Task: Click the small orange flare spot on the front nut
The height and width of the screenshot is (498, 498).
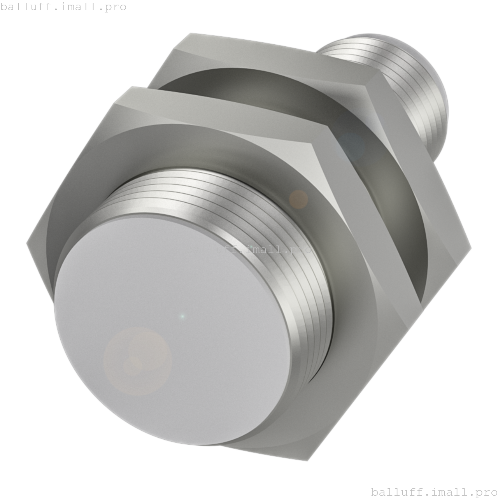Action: coord(298,199)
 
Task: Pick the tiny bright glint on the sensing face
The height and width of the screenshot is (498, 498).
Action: coord(182,316)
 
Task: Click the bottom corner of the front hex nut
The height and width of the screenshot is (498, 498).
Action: coord(307,461)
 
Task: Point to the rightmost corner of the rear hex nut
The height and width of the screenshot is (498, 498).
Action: coord(471,247)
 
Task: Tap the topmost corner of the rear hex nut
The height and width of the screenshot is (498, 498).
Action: coord(190,34)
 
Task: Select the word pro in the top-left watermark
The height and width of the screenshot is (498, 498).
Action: coord(116,7)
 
